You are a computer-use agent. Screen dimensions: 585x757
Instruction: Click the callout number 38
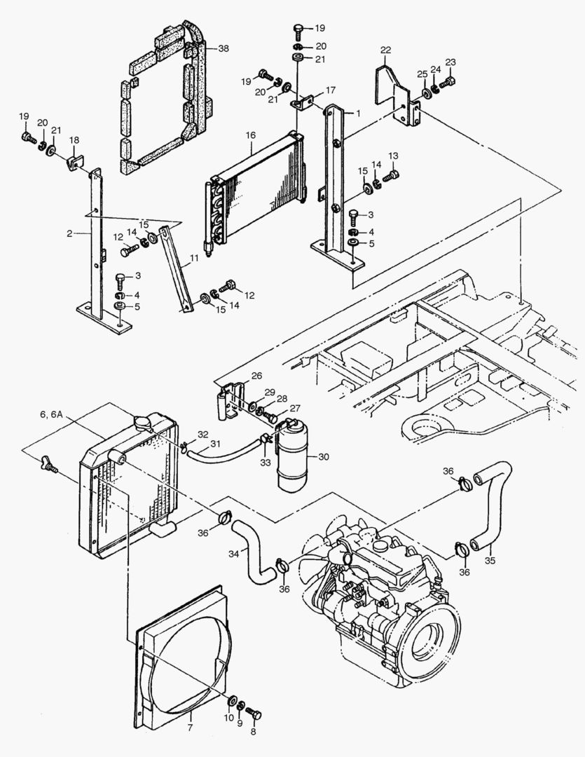pyautogui.click(x=223, y=48)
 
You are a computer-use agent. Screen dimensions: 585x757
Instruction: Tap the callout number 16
pyautogui.click(x=251, y=136)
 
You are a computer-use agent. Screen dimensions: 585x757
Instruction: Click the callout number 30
pyautogui.click(x=324, y=456)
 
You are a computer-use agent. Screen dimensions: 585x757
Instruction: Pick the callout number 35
pyautogui.click(x=490, y=561)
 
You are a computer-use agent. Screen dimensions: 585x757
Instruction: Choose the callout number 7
pyautogui.click(x=190, y=728)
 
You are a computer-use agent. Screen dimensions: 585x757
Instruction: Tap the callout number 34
pyautogui.click(x=234, y=554)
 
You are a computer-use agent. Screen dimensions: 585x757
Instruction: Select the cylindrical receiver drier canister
pyautogui.click(x=291, y=456)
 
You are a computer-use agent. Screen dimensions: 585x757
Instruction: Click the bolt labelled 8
pyautogui.click(x=254, y=712)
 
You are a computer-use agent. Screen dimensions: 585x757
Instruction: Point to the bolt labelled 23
pyautogui.click(x=448, y=83)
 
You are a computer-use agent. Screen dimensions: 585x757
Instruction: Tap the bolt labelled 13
pyautogui.click(x=390, y=176)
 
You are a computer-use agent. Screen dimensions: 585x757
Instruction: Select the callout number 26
pyautogui.click(x=256, y=376)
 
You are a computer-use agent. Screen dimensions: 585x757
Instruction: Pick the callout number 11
pyautogui.click(x=194, y=258)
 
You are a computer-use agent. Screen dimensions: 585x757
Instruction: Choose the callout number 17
pyautogui.click(x=331, y=90)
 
